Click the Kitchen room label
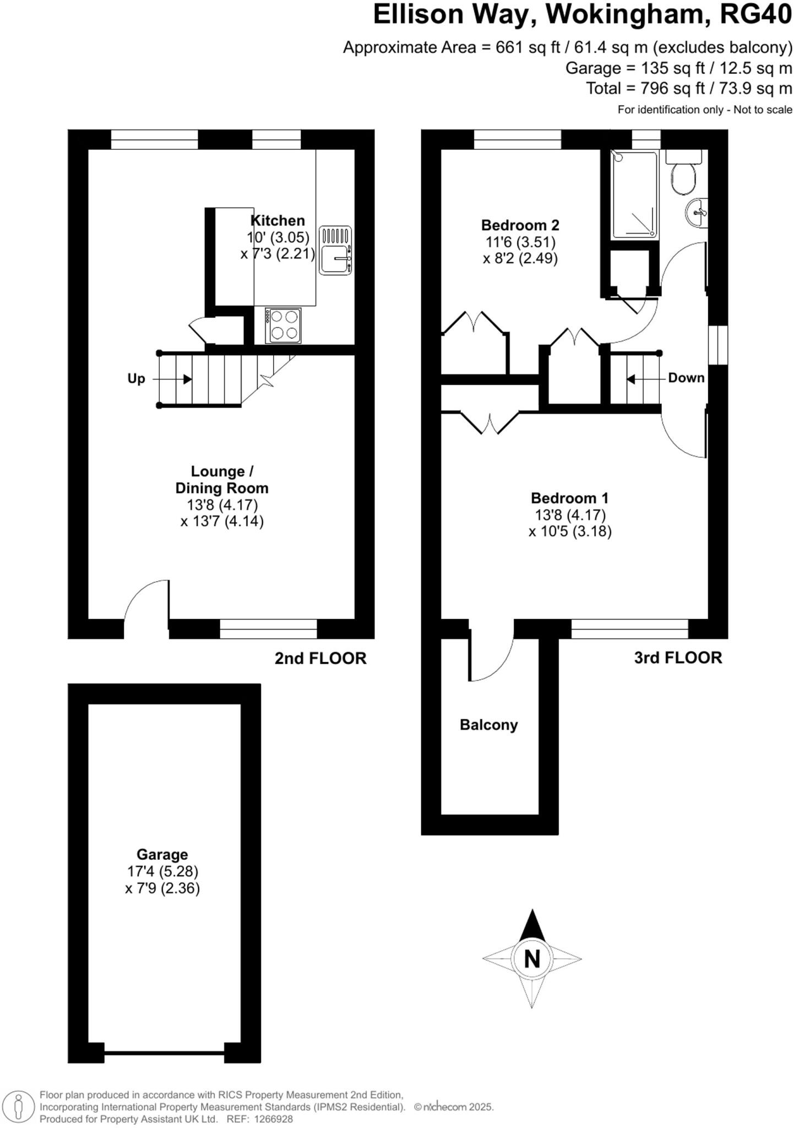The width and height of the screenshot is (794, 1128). [278, 221]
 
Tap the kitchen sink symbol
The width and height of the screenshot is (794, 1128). [335, 251]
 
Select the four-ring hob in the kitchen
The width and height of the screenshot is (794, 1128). [283, 325]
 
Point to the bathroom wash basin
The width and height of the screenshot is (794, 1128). [697, 212]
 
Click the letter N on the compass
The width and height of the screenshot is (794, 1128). [531, 959]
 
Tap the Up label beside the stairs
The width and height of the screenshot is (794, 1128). [136, 379]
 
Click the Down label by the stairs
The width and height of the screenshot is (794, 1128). [686, 378]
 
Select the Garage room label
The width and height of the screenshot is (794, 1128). [162, 854]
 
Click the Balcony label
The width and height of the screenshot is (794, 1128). [488, 725]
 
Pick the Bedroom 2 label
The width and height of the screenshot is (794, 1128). [520, 225]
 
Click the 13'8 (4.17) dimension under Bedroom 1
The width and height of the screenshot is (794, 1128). [570, 515]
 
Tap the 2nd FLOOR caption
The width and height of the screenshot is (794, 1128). [320, 658]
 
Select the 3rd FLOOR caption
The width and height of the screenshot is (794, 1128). [678, 658]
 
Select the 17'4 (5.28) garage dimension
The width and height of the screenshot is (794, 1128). [162, 871]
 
